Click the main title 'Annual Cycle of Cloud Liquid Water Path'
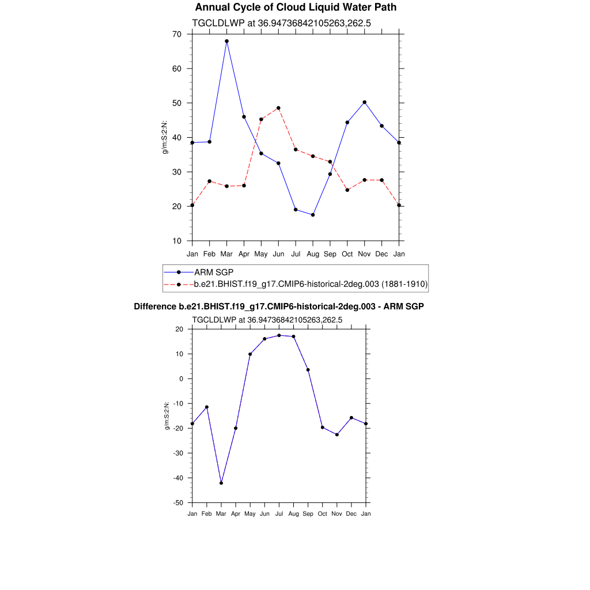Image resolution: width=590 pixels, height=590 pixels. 296,7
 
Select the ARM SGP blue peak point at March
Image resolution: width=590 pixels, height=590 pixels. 226,41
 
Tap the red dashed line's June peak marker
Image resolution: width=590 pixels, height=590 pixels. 278,108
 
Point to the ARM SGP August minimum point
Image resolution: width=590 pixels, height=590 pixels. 313,215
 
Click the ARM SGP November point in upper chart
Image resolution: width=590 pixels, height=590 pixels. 364,102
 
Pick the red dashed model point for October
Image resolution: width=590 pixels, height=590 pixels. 347,190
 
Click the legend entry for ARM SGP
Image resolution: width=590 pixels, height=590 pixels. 213,272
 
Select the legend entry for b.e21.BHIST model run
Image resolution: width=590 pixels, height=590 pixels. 310,284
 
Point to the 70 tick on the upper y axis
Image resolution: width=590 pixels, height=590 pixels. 176,35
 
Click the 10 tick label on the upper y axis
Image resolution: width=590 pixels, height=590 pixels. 176,241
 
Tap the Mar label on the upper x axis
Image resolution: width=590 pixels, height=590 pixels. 226,254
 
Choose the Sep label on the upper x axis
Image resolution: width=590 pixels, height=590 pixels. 330,254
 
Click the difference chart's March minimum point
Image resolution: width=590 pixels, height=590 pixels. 221,483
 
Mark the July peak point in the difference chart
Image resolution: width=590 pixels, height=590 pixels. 279,335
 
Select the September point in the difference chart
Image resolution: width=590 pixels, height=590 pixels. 308,370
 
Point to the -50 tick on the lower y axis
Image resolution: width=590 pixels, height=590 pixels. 177,502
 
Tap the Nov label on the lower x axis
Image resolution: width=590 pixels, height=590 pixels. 337,513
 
